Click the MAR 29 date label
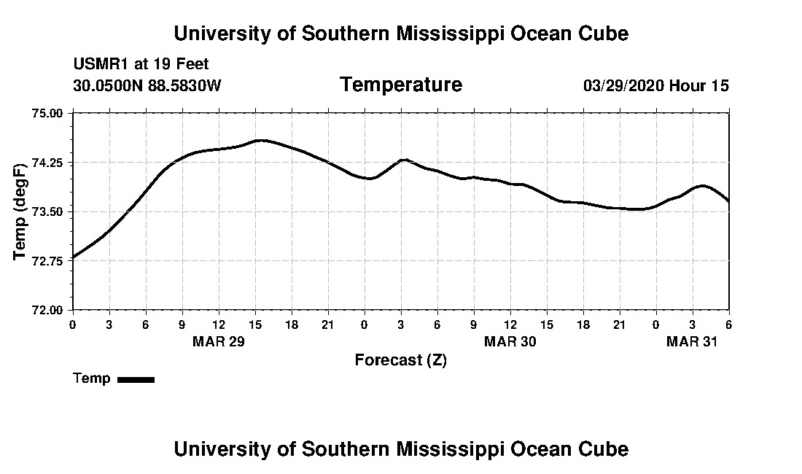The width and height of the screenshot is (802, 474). (x=218, y=341)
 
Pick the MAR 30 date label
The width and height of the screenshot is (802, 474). (x=510, y=341)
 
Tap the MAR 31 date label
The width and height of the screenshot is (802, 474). (x=692, y=341)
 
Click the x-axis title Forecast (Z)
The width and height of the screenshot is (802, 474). (x=400, y=360)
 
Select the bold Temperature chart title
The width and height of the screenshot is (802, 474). (x=400, y=85)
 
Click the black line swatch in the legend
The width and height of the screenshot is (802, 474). (x=136, y=379)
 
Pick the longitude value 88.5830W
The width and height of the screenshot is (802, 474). (x=184, y=85)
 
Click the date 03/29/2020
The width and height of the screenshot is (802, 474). (x=623, y=86)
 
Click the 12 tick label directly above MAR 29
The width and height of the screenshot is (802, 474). (x=218, y=325)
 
